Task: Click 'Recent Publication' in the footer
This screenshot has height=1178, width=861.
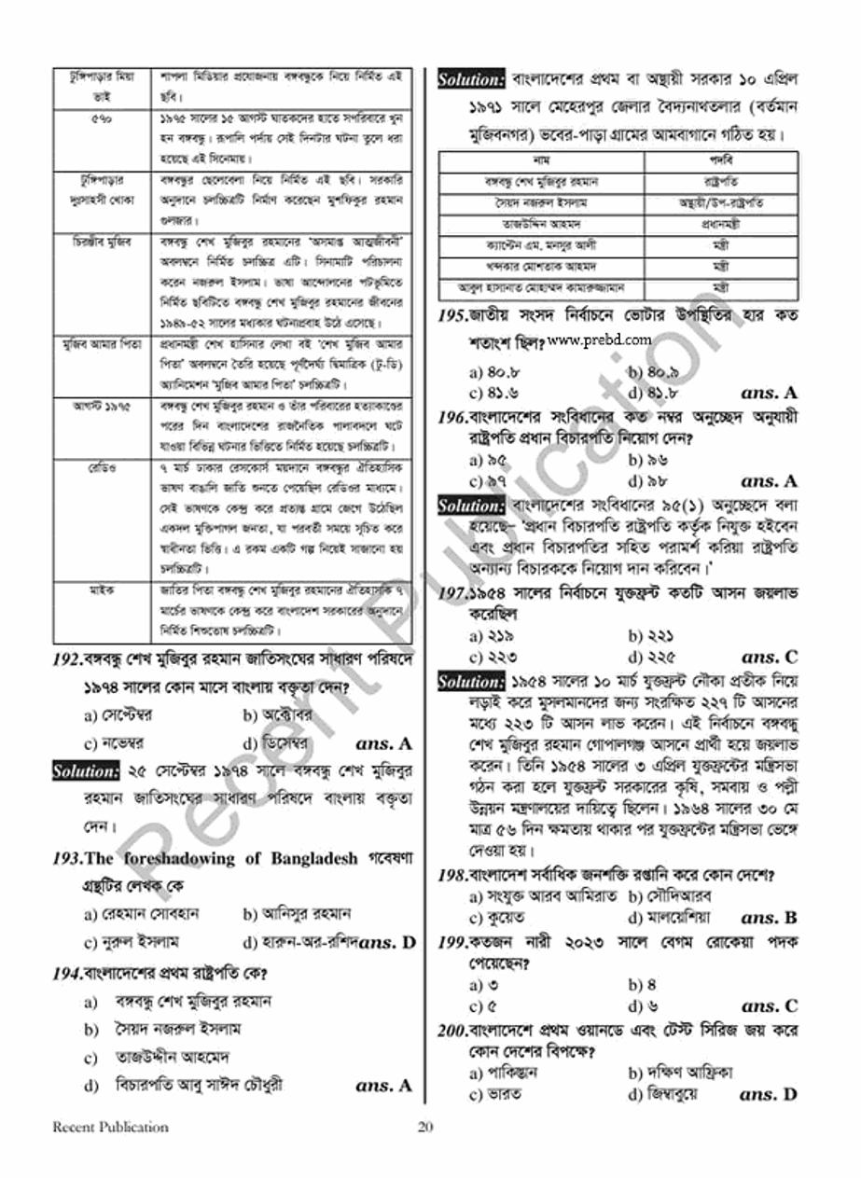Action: click(x=110, y=1127)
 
